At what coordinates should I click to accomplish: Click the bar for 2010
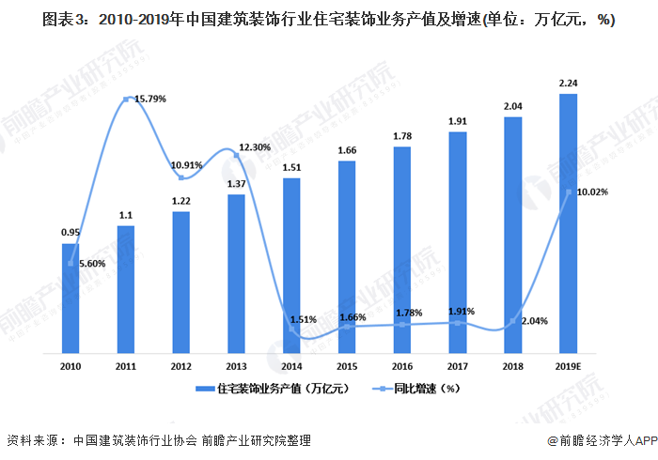click(x=70, y=299)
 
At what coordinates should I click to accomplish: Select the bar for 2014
click(x=291, y=266)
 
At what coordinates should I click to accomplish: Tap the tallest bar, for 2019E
click(x=568, y=223)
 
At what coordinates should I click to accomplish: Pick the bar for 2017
click(x=458, y=242)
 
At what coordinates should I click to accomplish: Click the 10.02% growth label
click(x=593, y=192)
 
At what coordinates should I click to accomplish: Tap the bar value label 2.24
click(x=568, y=83)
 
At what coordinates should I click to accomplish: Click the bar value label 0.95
click(x=70, y=233)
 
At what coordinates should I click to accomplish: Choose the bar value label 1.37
click(x=236, y=183)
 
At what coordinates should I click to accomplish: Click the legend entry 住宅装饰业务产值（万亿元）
click(x=266, y=388)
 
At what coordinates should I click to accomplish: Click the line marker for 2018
click(x=512, y=322)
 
